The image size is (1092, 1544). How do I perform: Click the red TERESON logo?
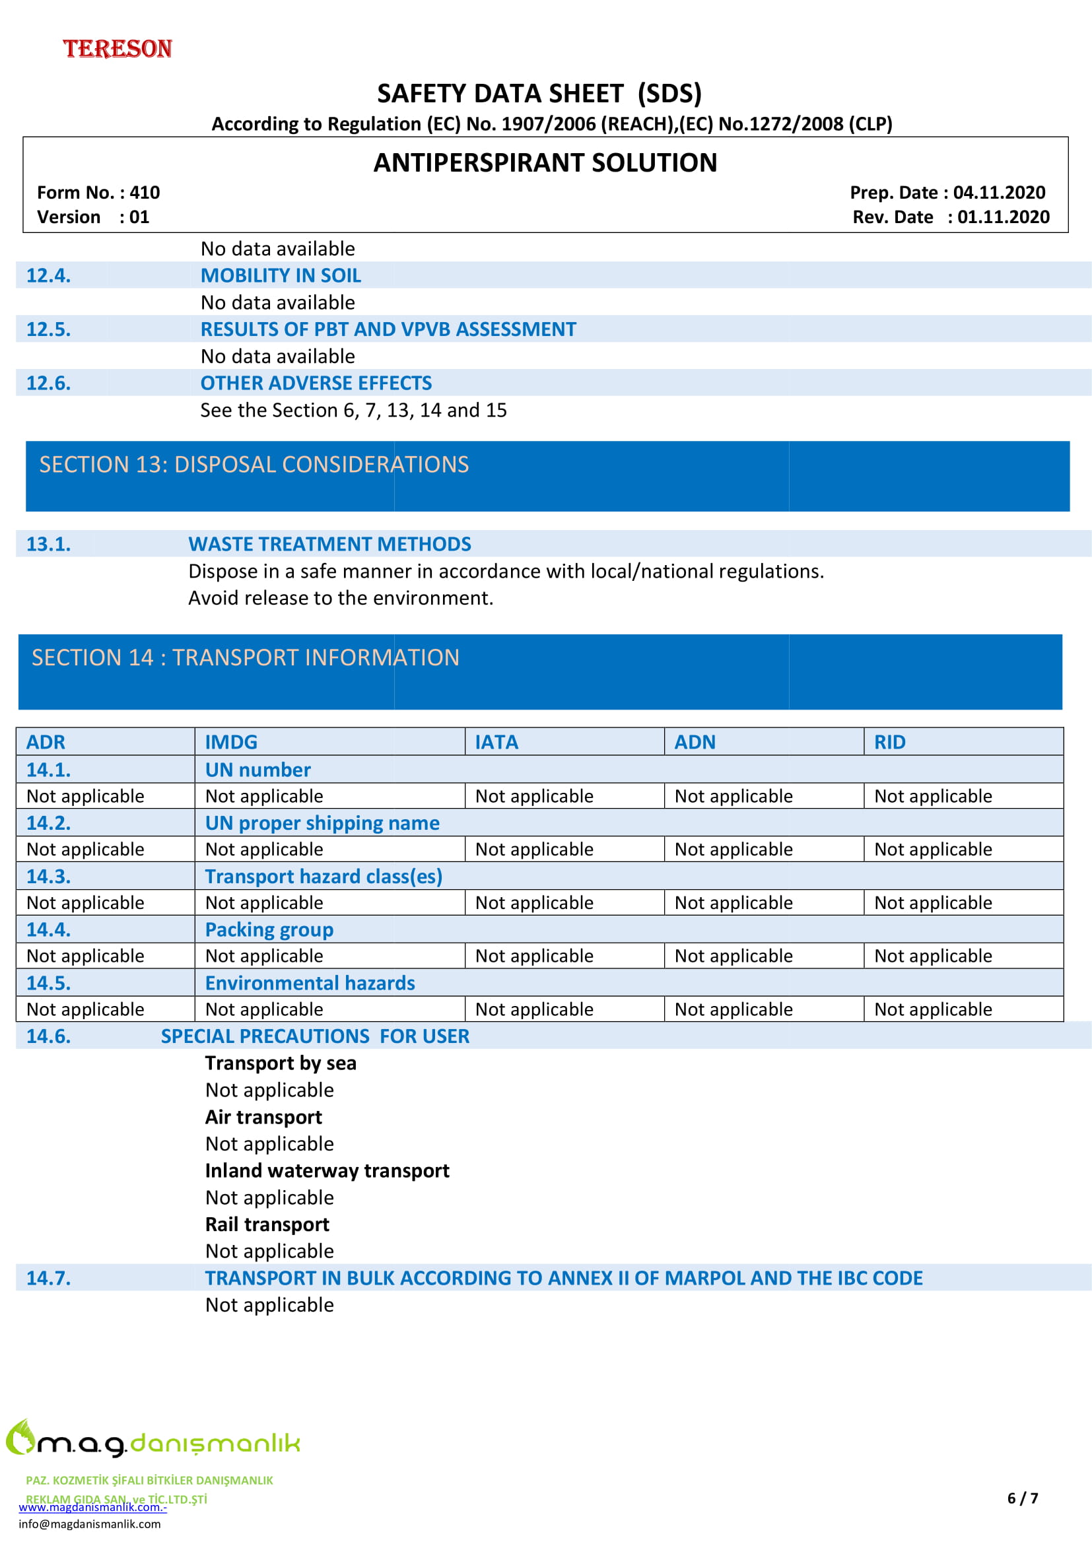(118, 49)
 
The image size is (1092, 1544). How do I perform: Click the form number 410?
(145, 193)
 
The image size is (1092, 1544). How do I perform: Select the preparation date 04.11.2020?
(999, 193)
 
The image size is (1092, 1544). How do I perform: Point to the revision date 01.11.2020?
(1004, 217)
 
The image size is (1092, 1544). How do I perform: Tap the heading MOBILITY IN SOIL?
(281, 276)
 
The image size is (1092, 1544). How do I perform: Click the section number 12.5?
(48, 329)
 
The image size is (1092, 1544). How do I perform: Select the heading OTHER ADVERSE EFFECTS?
(316, 384)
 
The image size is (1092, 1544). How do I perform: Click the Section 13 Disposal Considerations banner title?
(254, 465)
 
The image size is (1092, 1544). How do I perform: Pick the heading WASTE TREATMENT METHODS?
(329, 544)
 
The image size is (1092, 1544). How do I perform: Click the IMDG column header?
(231, 743)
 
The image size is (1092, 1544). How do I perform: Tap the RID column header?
(889, 743)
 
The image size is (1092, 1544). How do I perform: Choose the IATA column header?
(496, 743)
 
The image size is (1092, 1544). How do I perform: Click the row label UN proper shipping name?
(322, 823)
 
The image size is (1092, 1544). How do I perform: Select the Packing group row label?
(269, 930)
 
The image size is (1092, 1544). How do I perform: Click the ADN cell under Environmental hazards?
(734, 1009)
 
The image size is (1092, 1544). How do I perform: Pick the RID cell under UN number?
(934, 796)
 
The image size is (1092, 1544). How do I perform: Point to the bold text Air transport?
(263, 1117)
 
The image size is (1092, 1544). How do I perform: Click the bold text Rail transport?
(267, 1225)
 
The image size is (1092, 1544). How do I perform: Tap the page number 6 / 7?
(1023, 1498)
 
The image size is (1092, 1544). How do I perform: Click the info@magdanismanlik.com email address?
(89, 1524)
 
